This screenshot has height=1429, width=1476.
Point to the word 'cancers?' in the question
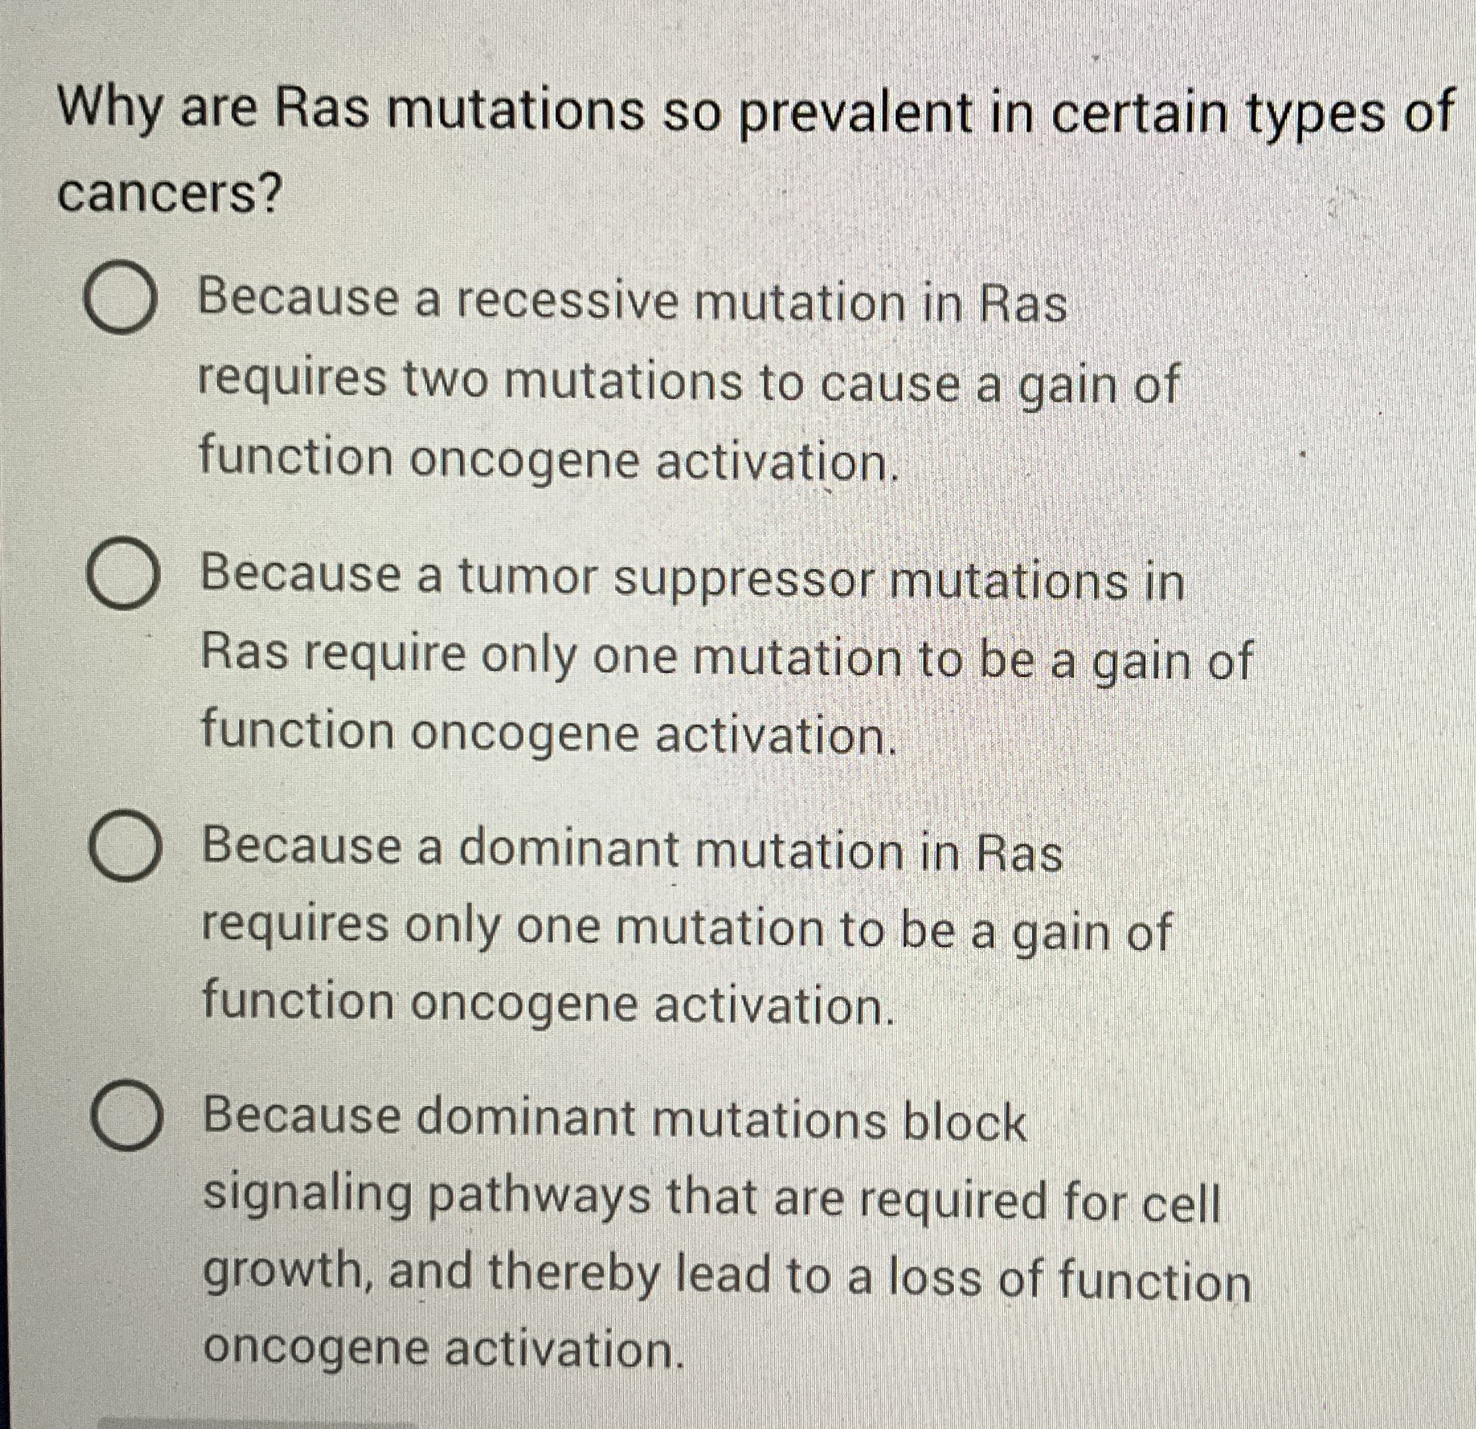(x=169, y=194)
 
